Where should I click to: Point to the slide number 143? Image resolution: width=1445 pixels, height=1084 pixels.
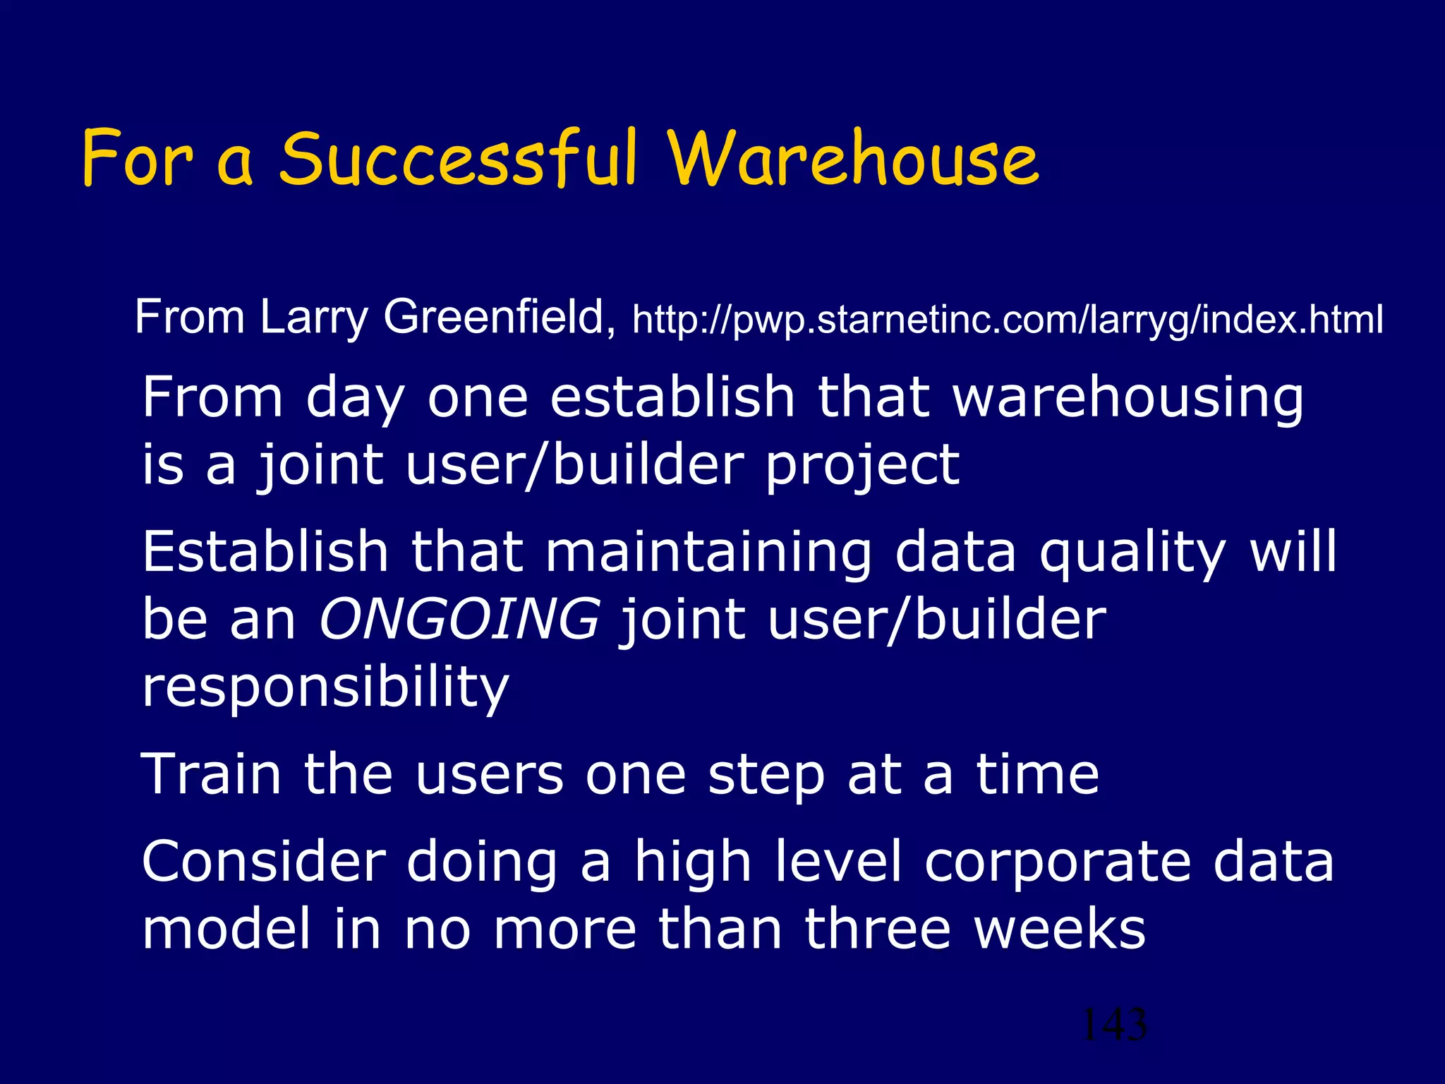click(x=1114, y=1024)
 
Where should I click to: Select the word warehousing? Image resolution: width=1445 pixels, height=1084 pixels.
click(x=1127, y=398)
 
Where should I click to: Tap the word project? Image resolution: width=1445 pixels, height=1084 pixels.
click(x=862, y=466)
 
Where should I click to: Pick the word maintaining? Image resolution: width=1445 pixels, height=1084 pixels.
click(x=708, y=551)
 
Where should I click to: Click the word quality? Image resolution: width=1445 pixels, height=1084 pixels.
click(x=1132, y=553)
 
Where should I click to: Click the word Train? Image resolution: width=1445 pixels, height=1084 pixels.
click(x=211, y=774)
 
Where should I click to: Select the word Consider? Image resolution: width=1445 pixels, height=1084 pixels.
click(x=264, y=862)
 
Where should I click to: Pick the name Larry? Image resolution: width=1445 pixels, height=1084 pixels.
click(x=314, y=317)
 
